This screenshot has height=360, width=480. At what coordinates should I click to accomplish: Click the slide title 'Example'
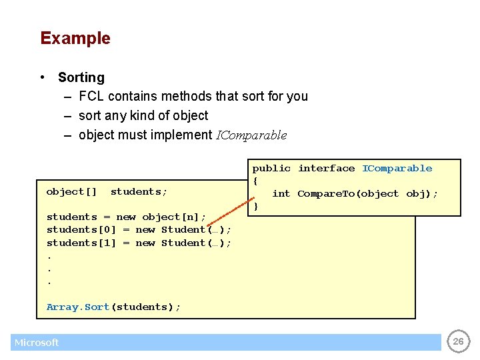[75, 38]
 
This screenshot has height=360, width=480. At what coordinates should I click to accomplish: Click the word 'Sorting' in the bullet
[81, 77]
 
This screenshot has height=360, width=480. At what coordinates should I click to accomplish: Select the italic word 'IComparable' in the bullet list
[251, 135]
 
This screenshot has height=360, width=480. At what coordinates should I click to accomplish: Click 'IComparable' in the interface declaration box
[397, 169]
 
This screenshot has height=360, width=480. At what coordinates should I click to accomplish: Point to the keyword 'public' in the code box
[271, 169]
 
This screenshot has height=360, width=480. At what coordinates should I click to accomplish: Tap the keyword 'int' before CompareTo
[281, 194]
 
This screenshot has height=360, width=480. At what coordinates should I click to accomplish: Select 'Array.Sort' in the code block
[78, 307]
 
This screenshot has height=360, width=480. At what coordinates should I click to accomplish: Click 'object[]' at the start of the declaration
[71, 192]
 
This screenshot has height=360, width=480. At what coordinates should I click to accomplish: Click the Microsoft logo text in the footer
[37, 343]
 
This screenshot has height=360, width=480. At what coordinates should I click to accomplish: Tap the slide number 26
[458, 341]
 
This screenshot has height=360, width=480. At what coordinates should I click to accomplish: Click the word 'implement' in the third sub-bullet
[182, 135]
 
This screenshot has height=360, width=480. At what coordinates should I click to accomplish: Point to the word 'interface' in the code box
[326, 169]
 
